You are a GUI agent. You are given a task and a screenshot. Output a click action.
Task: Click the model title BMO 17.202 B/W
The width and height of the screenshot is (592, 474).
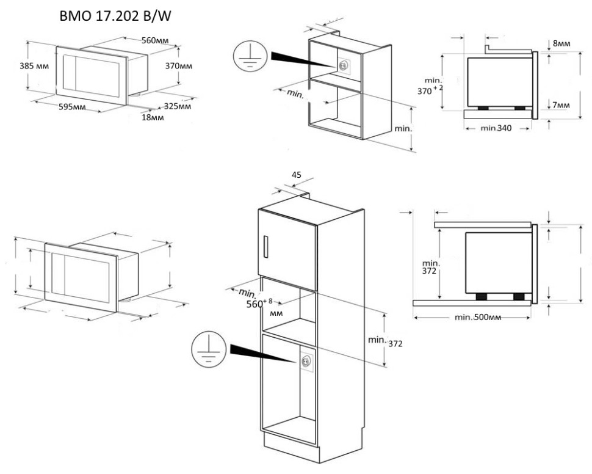click(114, 17)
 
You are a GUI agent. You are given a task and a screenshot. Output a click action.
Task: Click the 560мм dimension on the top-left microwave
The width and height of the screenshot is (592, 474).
click(155, 42)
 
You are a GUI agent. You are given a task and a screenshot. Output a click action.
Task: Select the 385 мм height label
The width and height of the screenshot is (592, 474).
click(35, 65)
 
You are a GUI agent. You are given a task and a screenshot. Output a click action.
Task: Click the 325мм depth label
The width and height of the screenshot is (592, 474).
click(177, 106)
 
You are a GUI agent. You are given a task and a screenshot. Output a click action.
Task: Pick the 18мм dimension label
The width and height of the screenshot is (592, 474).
click(153, 117)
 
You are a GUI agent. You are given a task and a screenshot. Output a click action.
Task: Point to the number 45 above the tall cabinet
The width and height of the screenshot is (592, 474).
click(297, 175)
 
